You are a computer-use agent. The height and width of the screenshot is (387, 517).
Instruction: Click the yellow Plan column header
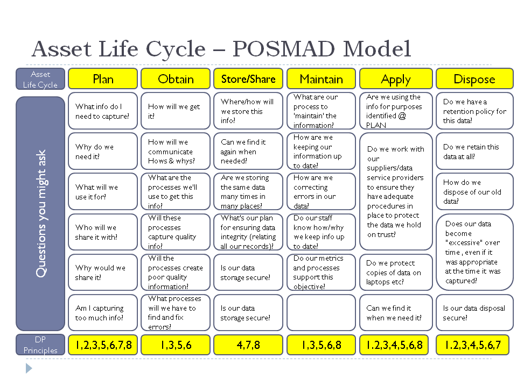103,78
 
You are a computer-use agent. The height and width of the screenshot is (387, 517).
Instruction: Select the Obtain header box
176,78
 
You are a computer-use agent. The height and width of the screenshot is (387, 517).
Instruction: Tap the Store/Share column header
248,78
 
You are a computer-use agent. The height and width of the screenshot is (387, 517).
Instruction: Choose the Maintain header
321,78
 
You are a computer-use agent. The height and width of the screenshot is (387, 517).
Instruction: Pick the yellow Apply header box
396,78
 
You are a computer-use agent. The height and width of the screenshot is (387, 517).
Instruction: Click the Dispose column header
474,78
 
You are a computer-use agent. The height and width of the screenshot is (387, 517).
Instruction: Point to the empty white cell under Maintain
321,313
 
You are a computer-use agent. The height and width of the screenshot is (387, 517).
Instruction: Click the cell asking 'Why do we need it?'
103,152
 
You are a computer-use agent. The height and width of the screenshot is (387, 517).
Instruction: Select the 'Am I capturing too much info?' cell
103,313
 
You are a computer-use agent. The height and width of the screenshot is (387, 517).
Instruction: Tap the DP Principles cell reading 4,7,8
248,345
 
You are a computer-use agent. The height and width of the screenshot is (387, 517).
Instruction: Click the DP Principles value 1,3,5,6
176,345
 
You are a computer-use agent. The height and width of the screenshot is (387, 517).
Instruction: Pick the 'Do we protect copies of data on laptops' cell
396,272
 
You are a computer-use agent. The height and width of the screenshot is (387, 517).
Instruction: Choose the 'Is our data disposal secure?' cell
474,313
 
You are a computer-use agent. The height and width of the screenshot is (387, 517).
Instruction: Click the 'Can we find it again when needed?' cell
248,152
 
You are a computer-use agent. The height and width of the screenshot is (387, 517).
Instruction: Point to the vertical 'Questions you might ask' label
40,213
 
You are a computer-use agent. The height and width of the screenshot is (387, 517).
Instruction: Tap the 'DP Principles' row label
40,345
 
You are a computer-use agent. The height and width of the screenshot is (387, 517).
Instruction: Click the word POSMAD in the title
284,49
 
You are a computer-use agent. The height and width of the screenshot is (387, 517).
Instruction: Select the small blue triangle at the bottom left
29,368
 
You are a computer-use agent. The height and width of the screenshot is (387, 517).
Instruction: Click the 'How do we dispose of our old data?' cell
474,191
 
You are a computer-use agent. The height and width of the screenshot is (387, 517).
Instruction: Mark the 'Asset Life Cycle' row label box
40,79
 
